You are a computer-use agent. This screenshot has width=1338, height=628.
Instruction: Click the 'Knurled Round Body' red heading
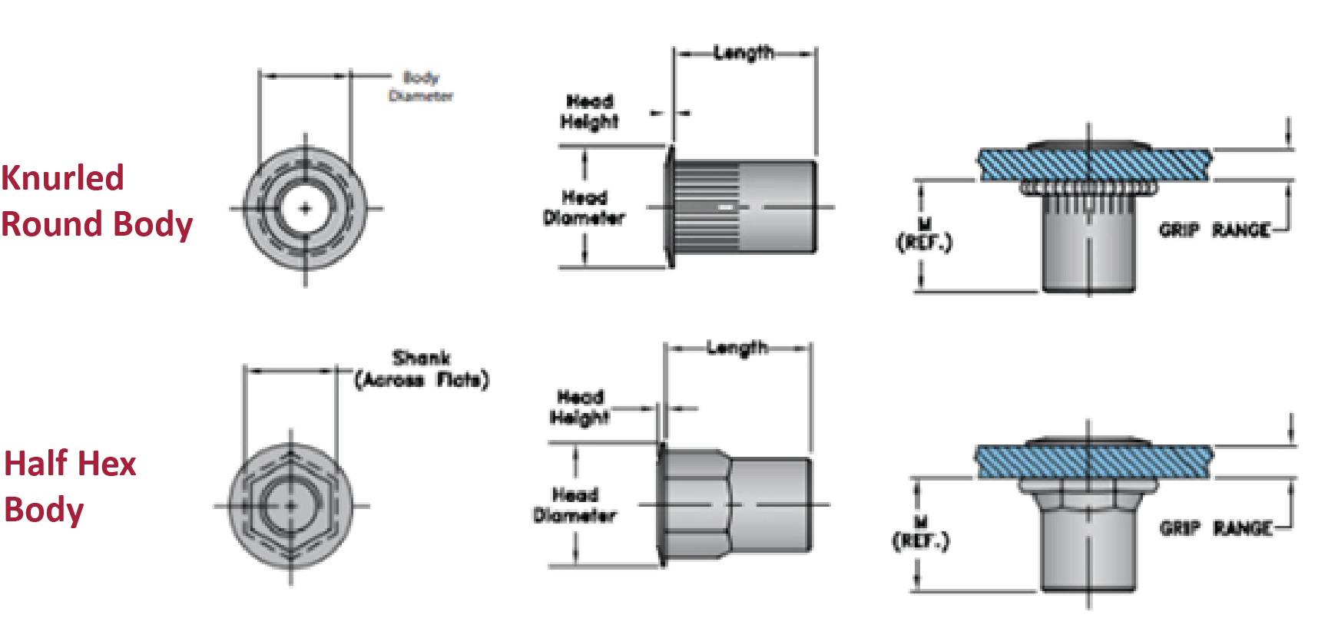click(96, 201)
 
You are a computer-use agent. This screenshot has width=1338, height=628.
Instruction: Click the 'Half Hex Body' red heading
click(69, 487)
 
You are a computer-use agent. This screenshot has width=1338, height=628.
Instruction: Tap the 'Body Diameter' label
click(421, 87)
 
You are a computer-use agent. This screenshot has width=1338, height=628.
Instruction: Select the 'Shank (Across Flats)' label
click(421, 369)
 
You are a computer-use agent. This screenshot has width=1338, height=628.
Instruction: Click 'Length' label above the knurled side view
click(743, 53)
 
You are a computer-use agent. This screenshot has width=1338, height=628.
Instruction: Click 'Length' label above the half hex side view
click(737, 349)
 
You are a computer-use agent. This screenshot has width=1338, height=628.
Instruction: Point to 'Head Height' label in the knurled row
click(589, 112)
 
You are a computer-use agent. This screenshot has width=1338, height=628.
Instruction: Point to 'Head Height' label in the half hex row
click(580, 408)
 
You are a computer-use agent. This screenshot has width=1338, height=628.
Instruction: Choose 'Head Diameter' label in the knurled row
click(584, 208)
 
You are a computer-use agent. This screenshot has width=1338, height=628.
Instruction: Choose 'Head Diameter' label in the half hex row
click(575, 505)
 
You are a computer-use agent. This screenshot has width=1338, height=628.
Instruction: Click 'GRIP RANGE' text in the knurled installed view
click(1214, 230)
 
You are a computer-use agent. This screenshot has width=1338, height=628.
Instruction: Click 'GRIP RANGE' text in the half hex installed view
click(1215, 528)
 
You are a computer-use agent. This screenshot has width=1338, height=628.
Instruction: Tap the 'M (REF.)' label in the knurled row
click(924, 235)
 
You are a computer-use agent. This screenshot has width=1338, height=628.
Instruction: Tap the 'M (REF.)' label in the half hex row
click(921, 533)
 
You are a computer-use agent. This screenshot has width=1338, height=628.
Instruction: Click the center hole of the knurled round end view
click(306, 208)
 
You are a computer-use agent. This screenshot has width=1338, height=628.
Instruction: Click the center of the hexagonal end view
click(290, 506)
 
